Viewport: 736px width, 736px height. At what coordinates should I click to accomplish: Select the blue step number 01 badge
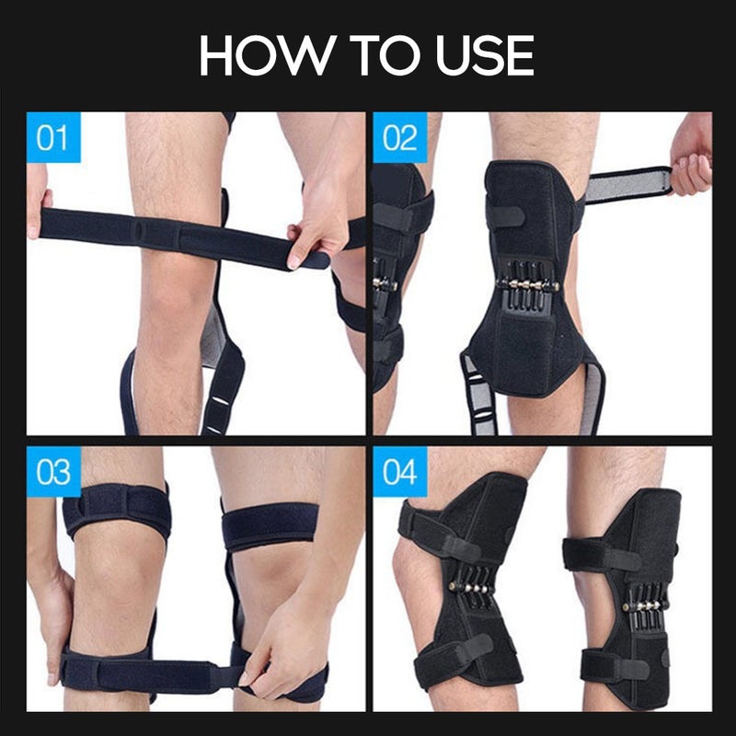tap(53, 138)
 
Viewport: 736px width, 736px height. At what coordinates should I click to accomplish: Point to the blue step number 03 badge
tap(53, 472)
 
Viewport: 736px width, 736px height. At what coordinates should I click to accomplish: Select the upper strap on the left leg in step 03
tap(117, 511)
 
